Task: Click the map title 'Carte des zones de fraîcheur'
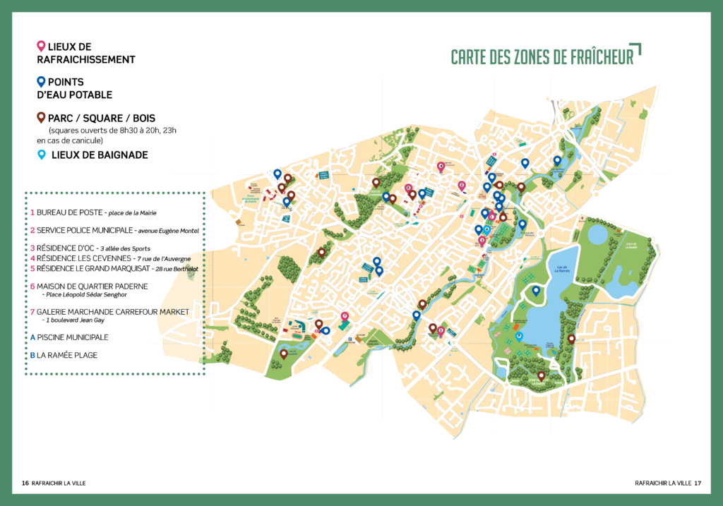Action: point(542,56)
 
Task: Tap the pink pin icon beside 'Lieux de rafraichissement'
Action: point(41,47)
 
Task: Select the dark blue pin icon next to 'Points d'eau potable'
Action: point(41,82)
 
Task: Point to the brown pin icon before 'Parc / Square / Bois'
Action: point(41,117)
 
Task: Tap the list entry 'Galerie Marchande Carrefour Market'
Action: point(113,311)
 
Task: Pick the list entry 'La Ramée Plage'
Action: point(67,355)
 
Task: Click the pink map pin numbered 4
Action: point(441,167)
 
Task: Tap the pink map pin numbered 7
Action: point(345,317)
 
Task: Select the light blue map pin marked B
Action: point(520,337)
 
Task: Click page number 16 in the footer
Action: point(25,483)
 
